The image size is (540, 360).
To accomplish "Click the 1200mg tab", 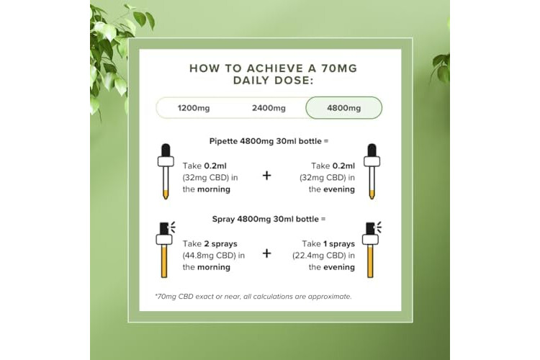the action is click(194, 108).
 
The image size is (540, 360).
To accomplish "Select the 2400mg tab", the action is click(269, 108).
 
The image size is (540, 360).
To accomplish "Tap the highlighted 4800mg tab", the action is click(343, 108).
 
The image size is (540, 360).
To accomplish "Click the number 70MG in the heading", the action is click(339, 68).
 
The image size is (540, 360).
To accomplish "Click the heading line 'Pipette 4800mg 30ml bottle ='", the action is click(269, 141).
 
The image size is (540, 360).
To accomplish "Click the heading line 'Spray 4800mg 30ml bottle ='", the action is click(269, 219).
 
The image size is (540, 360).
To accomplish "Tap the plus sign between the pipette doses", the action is click(266, 176).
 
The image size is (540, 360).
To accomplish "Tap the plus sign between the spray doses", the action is click(266, 253).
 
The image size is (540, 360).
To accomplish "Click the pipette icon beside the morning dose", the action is click(166, 171).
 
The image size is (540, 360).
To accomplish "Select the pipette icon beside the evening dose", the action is click(372, 171).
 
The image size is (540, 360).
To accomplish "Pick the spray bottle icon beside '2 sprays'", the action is click(165, 249).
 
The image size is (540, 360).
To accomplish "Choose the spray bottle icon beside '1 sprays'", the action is click(372, 249).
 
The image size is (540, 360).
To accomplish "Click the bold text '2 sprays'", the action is click(220, 244).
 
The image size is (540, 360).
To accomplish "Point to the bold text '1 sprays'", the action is click(339, 244).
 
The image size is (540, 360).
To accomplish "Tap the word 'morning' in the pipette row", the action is click(214, 189).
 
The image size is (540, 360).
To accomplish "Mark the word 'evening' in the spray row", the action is click(339, 267).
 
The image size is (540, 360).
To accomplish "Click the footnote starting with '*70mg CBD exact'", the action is click(253, 297).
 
